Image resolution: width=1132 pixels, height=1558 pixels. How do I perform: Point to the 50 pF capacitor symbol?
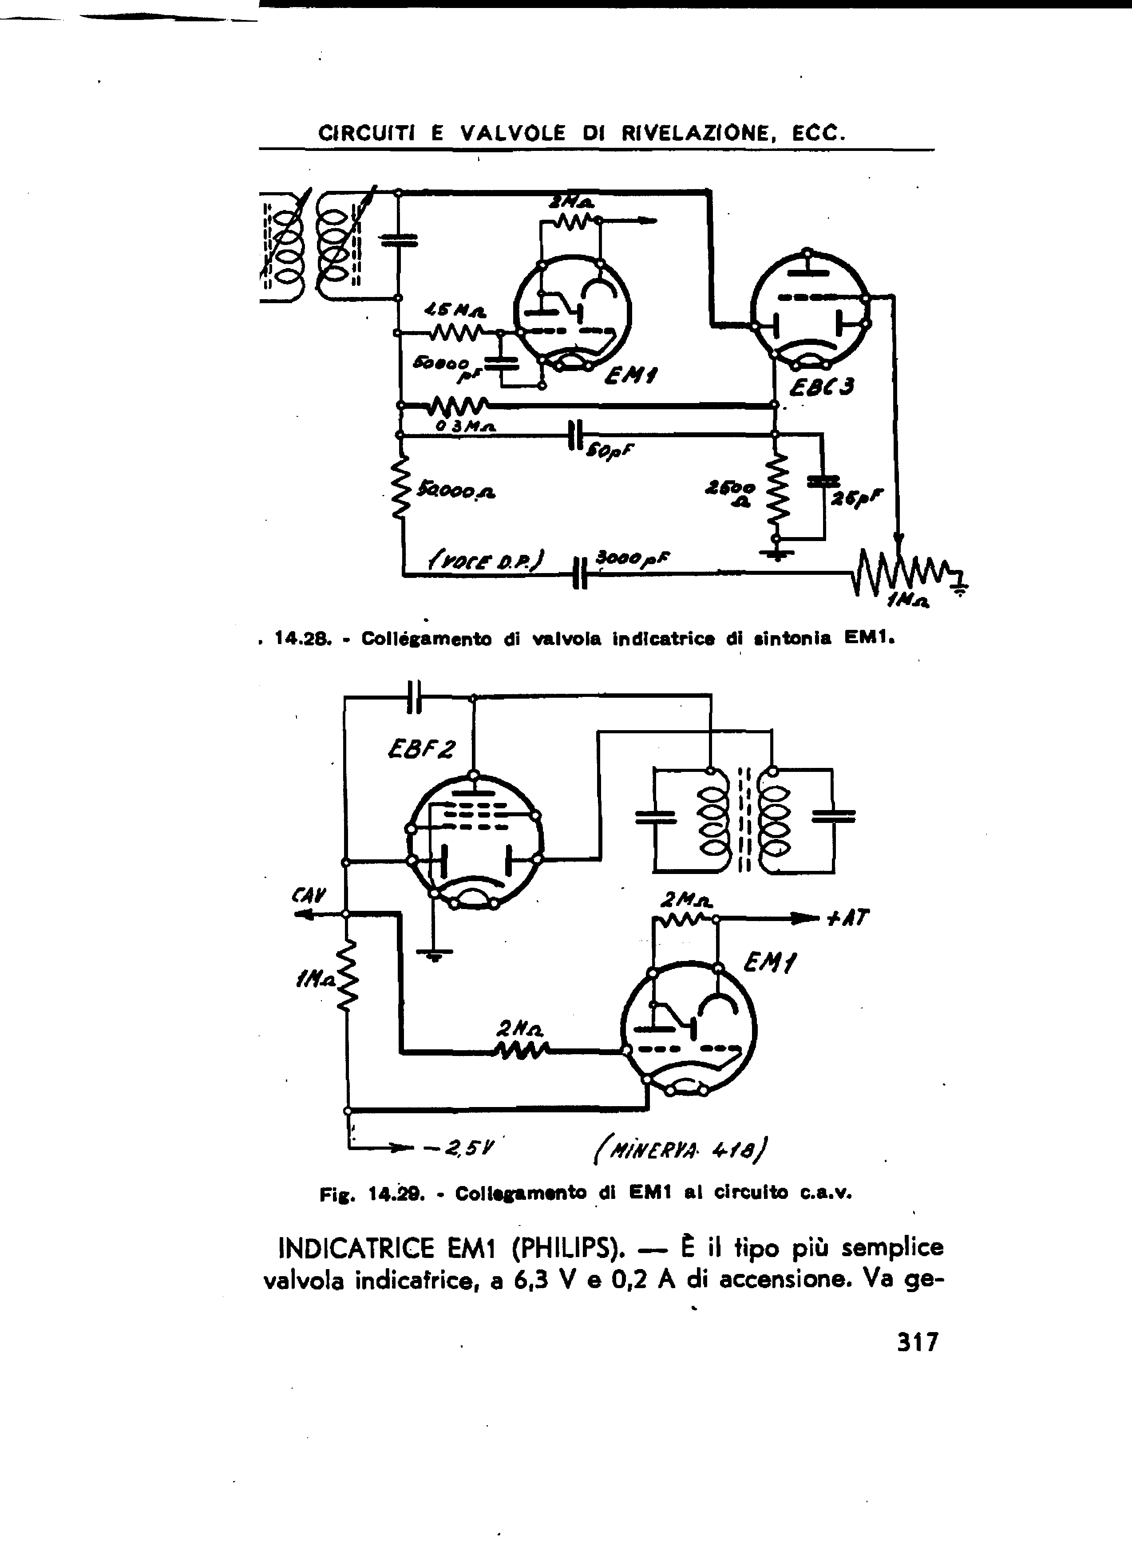(x=576, y=435)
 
